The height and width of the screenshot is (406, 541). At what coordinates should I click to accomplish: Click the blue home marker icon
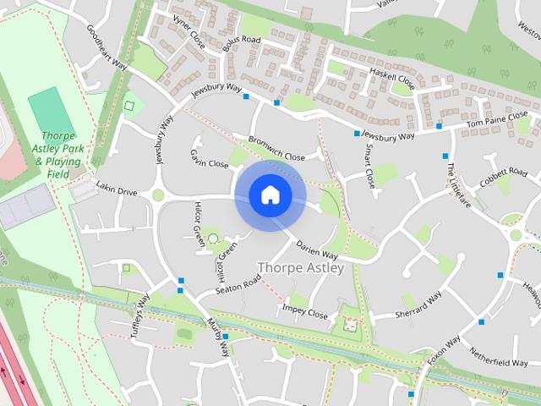[270, 195]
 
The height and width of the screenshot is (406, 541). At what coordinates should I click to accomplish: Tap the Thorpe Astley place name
[301, 268]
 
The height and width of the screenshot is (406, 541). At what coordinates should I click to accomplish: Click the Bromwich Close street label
[276, 149]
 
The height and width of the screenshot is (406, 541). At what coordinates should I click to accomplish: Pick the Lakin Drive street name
[117, 192]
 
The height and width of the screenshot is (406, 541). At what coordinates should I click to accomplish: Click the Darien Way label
[317, 250]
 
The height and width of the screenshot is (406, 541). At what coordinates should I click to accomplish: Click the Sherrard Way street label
[419, 305]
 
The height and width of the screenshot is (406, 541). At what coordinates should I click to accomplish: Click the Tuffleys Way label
[138, 315]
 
